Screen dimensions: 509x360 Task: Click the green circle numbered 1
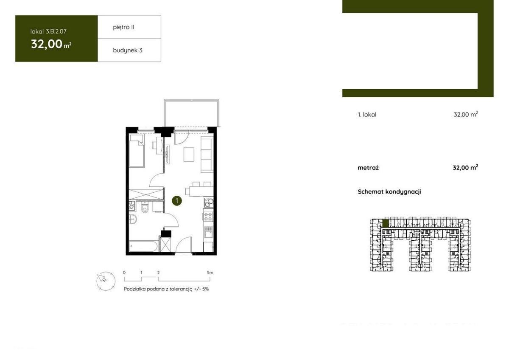[x=176, y=201]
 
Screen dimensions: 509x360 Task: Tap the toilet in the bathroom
[x=145, y=207]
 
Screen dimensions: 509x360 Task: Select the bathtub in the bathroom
[x=143, y=246]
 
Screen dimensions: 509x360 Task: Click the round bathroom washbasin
[x=133, y=219]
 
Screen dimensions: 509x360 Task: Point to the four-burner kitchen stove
[x=208, y=216]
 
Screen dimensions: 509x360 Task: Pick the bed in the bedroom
[x=137, y=151]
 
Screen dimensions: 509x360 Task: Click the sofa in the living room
[x=207, y=155]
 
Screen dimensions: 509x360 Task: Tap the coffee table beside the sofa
[x=189, y=155]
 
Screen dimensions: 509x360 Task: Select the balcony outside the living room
[x=192, y=113]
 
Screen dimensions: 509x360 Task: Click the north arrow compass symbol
[x=106, y=281]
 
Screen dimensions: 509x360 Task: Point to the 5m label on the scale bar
[x=210, y=273]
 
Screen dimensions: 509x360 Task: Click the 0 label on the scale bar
[x=124, y=273]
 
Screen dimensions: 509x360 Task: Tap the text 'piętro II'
[x=123, y=27]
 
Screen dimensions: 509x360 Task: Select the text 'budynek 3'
[x=128, y=50]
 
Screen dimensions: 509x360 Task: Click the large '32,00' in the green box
[x=47, y=44]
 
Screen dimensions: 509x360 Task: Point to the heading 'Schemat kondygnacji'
[x=389, y=192]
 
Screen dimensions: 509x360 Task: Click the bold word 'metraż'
[x=368, y=168]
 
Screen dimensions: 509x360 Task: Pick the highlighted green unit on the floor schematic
[x=386, y=223]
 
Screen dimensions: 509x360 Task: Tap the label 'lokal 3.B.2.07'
[x=48, y=31]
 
